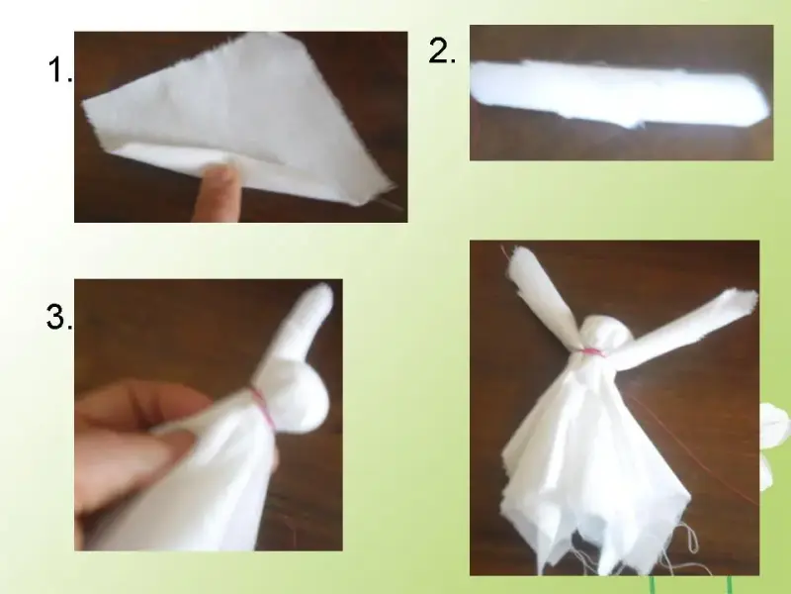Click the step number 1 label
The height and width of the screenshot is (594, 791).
[60, 69]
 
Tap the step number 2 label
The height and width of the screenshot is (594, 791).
[442, 51]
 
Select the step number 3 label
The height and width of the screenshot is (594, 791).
[59, 317]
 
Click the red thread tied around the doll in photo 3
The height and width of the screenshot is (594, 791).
[262, 407]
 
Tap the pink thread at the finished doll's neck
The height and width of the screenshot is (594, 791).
[591, 352]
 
